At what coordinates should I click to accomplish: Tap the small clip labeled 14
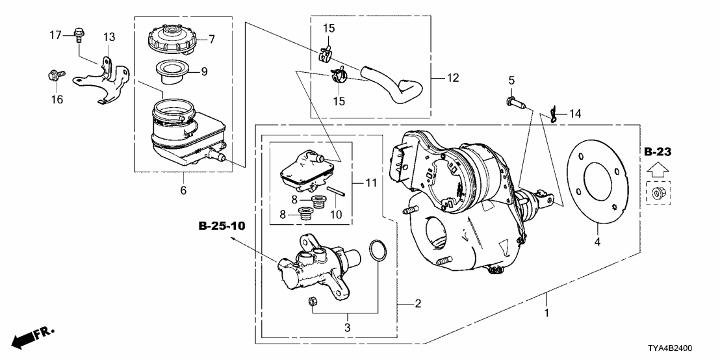click(552, 115)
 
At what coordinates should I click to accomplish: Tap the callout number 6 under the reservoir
click(184, 190)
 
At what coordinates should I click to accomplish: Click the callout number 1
click(547, 313)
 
